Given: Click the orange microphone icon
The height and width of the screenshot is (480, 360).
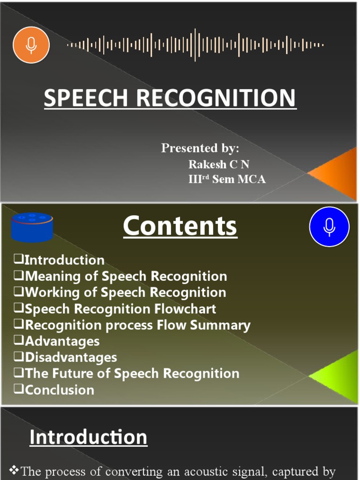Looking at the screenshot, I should click(x=31, y=45).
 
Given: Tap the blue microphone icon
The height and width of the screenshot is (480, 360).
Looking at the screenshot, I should click(x=330, y=227).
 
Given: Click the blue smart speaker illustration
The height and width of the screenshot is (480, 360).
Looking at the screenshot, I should click(x=32, y=227).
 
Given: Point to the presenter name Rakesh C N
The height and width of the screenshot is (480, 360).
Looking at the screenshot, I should click(x=219, y=165).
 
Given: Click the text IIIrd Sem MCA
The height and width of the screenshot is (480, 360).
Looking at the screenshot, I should click(x=227, y=180).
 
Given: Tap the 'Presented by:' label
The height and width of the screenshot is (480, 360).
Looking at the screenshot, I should click(x=200, y=148).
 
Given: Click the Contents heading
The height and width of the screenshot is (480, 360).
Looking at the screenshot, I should click(x=180, y=226).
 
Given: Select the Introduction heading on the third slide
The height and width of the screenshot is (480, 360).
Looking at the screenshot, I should click(x=88, y=437).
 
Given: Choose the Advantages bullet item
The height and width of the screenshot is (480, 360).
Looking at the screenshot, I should click(x=62, y=341).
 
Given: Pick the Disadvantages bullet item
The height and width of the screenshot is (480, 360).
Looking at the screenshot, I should click(x=71, y=357).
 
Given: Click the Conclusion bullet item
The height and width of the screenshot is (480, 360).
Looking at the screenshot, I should click(x=60, y=390).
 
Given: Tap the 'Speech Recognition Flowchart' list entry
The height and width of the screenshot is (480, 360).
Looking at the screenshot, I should click(x=120, y=309).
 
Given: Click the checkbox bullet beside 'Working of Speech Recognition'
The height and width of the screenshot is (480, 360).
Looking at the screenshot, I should click(x=19, y=292).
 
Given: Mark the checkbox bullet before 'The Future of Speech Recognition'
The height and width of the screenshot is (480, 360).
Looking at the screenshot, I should click(x=19, y=373).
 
